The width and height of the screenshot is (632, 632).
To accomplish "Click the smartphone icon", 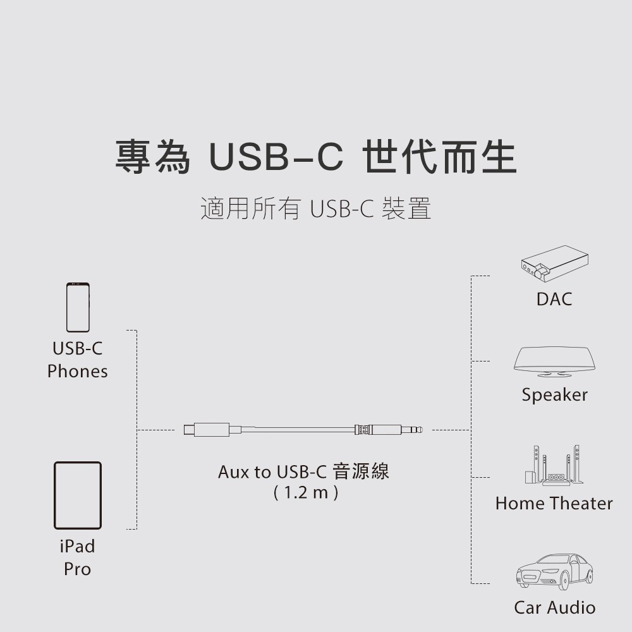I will coord(78,307).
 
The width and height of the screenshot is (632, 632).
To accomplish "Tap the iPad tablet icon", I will coord(78,495).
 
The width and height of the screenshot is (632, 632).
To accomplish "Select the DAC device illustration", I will coord(554,266).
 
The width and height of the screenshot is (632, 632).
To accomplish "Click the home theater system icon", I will coord(554,466).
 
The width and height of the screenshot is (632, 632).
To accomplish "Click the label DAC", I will coord(554,300).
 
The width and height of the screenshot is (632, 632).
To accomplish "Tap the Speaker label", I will coord(554,395).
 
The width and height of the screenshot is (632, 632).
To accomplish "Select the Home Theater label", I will coord(554,504).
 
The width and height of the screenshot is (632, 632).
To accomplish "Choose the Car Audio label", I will coord(554,608).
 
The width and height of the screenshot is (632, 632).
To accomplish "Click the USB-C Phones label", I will coord(77,360).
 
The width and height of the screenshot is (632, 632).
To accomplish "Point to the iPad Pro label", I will coord(77,557).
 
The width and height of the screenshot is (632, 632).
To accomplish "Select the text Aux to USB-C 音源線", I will coord(303,471).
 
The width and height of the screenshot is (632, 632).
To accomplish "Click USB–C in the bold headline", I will coord(276,158).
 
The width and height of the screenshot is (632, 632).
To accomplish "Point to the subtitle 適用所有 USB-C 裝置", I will coord(315,209).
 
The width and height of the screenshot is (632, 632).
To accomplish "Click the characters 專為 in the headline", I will coord(152,158).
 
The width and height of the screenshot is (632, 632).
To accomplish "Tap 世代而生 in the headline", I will coord(440,158).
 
